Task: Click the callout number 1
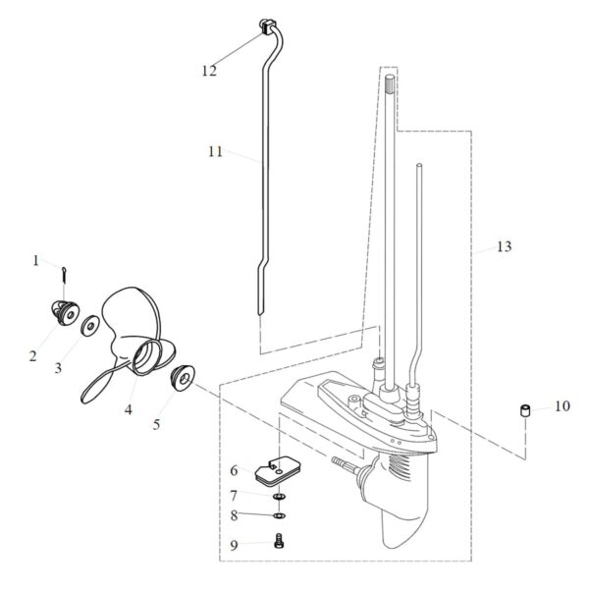coord(36,260)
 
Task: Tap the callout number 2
coord(32,355)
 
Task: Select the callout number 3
coord(58,368)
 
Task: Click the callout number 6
coord(234,471)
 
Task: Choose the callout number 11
coord(216,152)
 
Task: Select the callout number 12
coord(208,70)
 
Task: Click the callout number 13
coord(504,246)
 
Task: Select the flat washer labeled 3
coord(89,324)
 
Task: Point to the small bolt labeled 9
coord(279,539)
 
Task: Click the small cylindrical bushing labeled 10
coord(525,409)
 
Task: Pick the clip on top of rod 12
coord(265,25)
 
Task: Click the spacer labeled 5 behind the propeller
coord(184,376)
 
